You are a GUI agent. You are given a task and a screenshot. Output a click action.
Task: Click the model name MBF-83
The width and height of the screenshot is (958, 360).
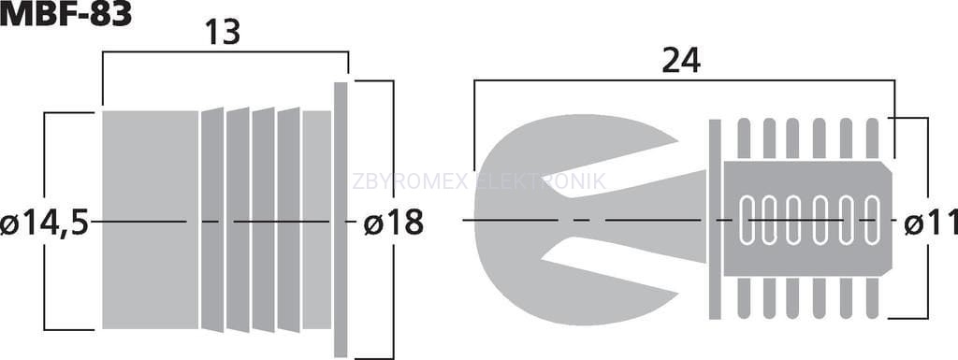click(65, 14)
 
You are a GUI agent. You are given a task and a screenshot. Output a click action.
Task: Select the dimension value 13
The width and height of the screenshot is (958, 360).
click(223, 33)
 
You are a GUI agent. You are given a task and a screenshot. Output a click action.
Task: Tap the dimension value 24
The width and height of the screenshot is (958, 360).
click(681, 61)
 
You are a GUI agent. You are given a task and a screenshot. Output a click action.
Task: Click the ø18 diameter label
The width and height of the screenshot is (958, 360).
click(394, 223)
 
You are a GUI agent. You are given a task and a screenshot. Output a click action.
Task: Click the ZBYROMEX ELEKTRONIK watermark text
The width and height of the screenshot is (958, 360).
click(480, 181)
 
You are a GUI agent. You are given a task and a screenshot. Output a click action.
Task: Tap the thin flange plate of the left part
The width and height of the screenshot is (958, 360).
click(341, 220)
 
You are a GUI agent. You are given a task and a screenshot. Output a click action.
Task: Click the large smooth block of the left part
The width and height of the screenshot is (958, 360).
click(151, 221)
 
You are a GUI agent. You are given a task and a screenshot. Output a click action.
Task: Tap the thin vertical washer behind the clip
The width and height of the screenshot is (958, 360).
click(715, 219)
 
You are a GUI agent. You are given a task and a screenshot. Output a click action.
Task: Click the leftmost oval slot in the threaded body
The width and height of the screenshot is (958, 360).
click(748, 221)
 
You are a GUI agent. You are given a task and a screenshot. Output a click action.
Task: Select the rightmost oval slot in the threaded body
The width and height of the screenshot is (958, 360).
click(873, 221)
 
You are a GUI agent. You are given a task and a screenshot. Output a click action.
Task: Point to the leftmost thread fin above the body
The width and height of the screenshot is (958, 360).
click(744, 138)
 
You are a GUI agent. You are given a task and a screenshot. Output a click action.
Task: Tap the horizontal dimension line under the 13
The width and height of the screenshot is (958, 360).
click(225, 52)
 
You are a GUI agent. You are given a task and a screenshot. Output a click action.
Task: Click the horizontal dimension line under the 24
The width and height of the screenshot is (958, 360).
click(684, 79)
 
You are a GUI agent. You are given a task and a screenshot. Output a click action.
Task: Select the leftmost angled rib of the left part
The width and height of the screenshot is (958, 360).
click(212, 220)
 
